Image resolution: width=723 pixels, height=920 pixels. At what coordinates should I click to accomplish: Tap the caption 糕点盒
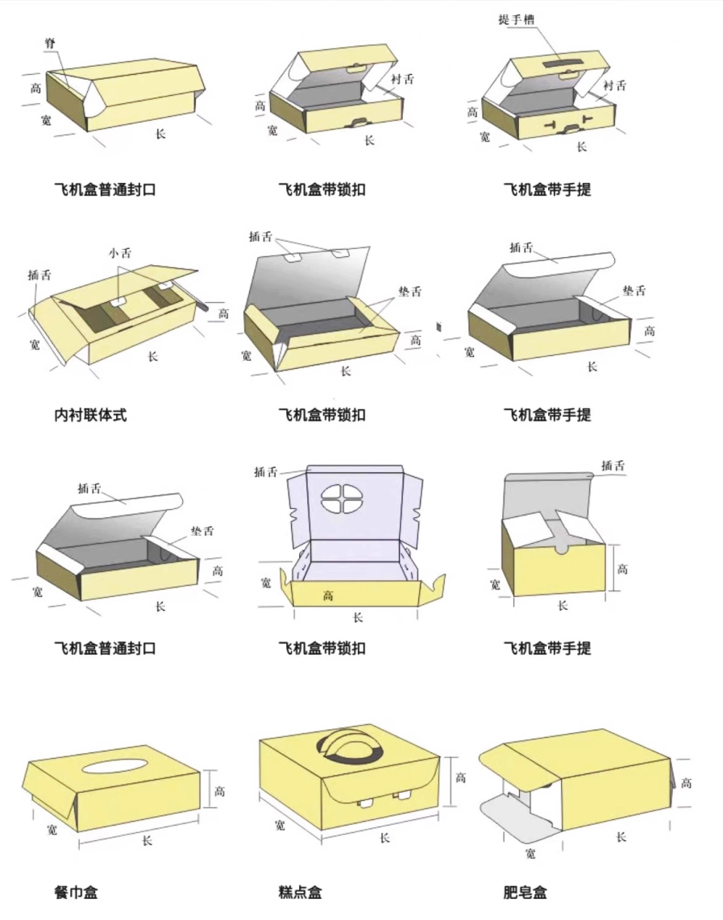click(300, 892)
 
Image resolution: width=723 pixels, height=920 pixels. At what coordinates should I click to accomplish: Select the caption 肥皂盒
click(525, 892)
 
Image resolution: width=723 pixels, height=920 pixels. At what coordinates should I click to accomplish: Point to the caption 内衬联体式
click(90, 416)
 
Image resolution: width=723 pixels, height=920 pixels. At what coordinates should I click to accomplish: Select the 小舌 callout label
click(119, 252)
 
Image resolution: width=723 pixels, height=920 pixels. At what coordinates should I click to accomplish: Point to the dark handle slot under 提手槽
click(563, 61)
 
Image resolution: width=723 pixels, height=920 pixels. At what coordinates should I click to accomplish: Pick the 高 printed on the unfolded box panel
click(329, 595)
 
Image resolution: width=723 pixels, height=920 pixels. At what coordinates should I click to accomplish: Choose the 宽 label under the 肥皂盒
click(530, 853)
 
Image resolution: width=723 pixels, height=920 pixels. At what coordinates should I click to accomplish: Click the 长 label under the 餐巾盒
click(147, 840)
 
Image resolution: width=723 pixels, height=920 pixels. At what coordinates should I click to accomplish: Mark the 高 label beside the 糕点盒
click(460, 778)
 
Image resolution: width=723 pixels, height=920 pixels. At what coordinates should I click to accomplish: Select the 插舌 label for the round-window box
click(265, 471)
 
